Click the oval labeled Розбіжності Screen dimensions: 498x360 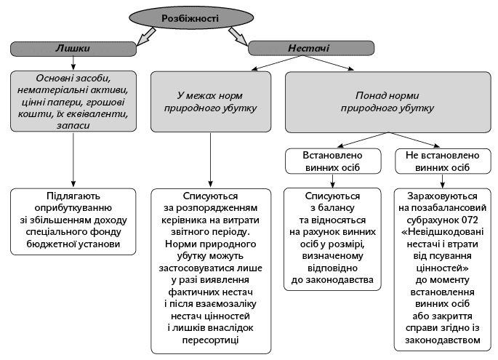[x=191, y=17]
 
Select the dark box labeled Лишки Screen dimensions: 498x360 [x=73, y=49]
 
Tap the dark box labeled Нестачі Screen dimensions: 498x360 [x=311, y=48]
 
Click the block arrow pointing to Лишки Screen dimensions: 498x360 [x=146, y=36]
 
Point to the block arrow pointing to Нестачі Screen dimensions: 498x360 [x=238, y=36]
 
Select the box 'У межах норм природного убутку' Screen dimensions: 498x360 [x=211, y=102]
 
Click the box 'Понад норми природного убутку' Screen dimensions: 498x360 [x=387, y=102]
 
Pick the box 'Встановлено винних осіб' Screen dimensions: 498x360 [x=333, y=161]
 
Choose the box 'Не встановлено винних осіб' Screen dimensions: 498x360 [x=443, y=161]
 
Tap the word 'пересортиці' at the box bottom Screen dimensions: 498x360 [x=210, y=340]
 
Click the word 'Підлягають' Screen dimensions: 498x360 [x=73, y=196]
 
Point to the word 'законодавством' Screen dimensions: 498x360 [x=443, y=340]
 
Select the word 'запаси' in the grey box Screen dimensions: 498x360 [x=73, y=126]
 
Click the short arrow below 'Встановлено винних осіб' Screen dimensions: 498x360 [x=332, y=181]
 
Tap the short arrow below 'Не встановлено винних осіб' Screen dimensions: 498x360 [x=443, y=181]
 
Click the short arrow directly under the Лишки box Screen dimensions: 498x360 [x=73, y=63]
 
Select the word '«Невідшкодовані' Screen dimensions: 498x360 [x=443, y=231]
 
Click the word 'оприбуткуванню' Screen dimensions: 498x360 [x=73, y=208]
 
